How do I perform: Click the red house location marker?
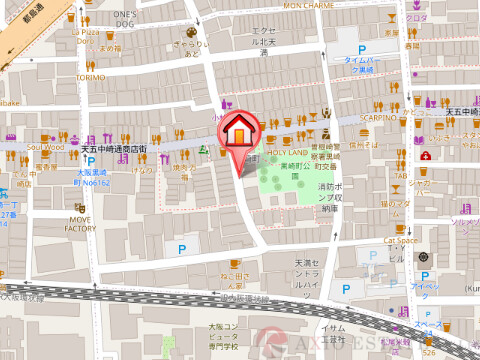pyautogui.click(x=241, y=131)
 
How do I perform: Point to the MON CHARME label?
pyautogui.click(x=309, y=5)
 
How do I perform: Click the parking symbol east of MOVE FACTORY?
pyautogui.click(x=181, y=247)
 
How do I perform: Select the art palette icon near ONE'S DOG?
pyautogui.click(x=190, y=31)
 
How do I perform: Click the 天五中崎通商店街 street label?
pyautogui.click(x=113, y=149)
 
